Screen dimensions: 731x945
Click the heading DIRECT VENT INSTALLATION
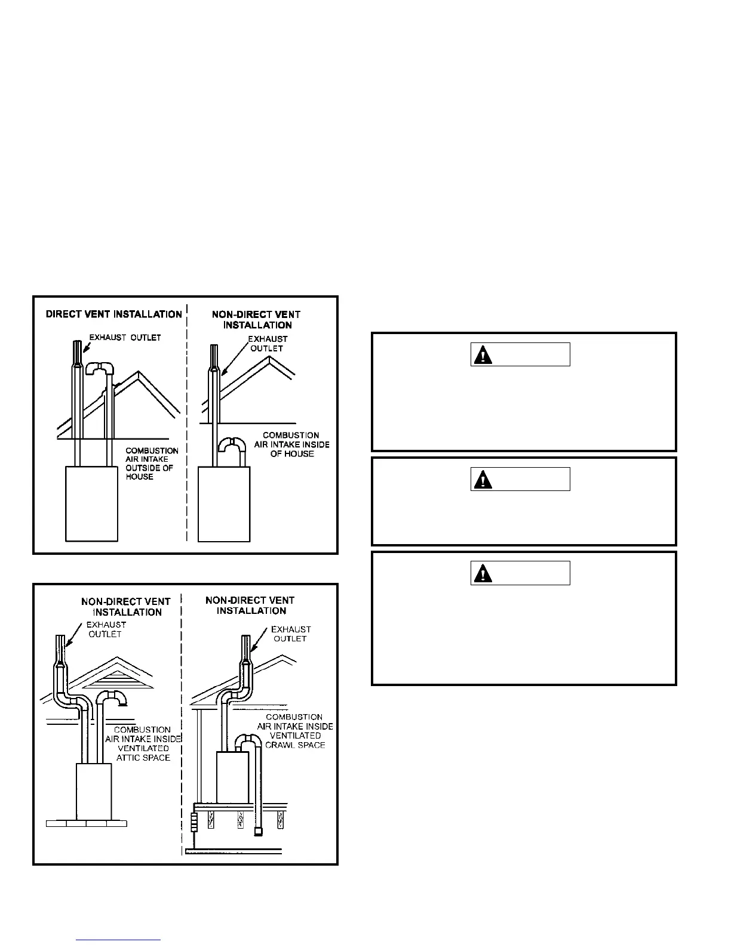113,314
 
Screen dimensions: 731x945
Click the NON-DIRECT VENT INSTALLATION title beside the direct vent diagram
256,320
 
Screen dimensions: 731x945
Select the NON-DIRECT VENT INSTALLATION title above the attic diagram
126,607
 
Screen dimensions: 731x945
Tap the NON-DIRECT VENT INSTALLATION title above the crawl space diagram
250,606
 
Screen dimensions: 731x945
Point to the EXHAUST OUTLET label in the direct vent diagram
125,338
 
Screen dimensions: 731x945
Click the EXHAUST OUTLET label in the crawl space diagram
290,634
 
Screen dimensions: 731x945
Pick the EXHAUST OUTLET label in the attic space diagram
106,629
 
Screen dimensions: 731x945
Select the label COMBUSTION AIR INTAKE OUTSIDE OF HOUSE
152,464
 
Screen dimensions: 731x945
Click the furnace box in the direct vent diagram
91,504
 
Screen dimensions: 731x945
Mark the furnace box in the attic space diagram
94,791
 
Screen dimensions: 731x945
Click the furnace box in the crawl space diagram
232,777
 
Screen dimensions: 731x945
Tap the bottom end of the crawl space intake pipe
258,831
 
